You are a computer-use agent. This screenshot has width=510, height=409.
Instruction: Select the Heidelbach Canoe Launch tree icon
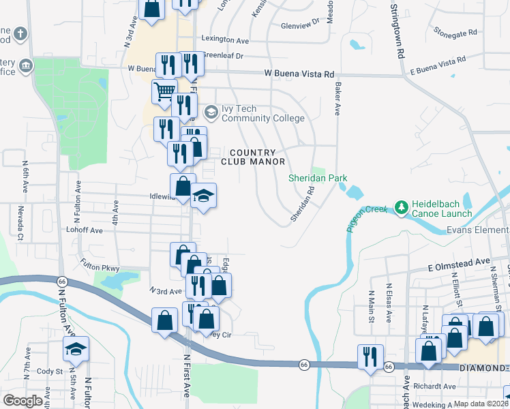pyautogui.click(x=402, y=206)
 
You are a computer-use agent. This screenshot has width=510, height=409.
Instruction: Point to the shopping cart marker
pyautogui.click(x=164, y=91)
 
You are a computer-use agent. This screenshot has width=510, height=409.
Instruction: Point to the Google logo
pyautogui.click(x=23, y=401)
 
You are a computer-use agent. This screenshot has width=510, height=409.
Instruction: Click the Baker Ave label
pyautogui.click(x=337, y=99)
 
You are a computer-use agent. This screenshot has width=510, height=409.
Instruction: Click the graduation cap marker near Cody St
pyautogui.click(x=76, y=350)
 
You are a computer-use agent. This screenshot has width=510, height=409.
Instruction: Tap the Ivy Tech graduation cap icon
pyautogui.click(x=211, y=112)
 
